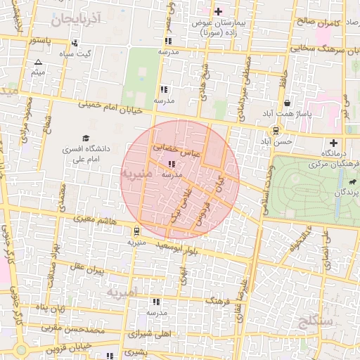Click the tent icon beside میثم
[38, 63]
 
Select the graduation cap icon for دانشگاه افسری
[86, 139]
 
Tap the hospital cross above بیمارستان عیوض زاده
[218, 11]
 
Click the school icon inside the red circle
[172, 163]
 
